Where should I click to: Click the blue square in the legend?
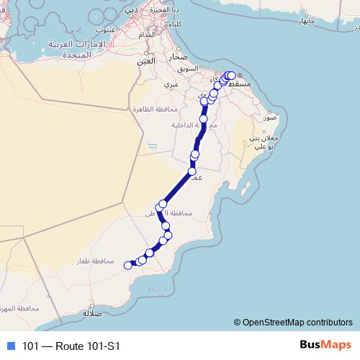[x=10, y=346]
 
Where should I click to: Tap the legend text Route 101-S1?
[x=70, y=346]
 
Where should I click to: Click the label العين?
[x=145, y=62]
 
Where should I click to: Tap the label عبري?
[x=171, y=84]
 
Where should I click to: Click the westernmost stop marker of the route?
[x=128, y=265]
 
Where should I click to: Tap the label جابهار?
[x=307, y=22]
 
